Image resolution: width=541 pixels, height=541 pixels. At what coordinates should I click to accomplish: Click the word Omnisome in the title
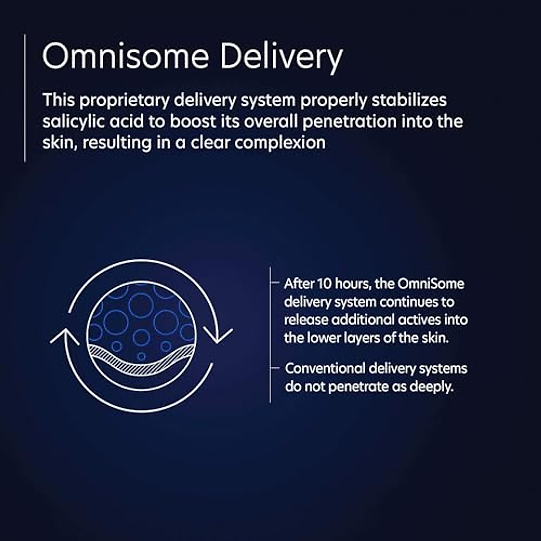[125, 56]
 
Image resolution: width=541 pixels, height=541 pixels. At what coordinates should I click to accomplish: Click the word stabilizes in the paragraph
[409, 100]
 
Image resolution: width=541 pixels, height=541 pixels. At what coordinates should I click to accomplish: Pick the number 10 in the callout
[324, 284]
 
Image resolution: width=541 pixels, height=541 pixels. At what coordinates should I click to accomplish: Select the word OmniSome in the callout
[431, 284]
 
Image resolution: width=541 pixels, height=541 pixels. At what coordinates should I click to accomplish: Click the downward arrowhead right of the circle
[218, 336]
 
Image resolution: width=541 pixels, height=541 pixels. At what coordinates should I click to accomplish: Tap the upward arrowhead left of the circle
[65, 336]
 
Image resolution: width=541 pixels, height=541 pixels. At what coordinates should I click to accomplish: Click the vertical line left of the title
[25, 98]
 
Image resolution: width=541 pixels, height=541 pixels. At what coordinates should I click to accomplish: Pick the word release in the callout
[306, 320]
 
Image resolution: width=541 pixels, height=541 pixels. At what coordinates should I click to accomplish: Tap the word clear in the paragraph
[211, 143]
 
